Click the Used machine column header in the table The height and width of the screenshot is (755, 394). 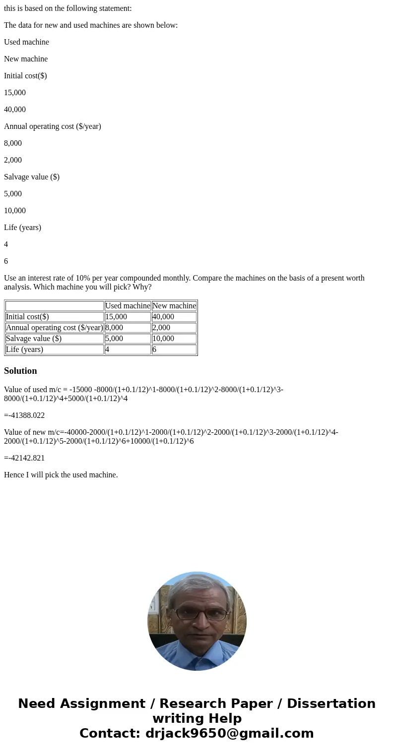click(x=128, y=306)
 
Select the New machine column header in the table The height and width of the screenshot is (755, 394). click(x=174, y=306)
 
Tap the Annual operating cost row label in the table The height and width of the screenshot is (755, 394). click(x=54, y=328)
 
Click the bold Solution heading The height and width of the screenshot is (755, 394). click(x=20, y=371)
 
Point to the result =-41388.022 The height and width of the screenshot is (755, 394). click(x=24, y=415)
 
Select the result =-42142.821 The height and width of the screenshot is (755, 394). click(x=24, y=458)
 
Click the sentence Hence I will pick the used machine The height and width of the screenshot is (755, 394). click(x=61, y=475)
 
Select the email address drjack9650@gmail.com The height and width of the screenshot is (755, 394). click(x=230, y=734)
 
